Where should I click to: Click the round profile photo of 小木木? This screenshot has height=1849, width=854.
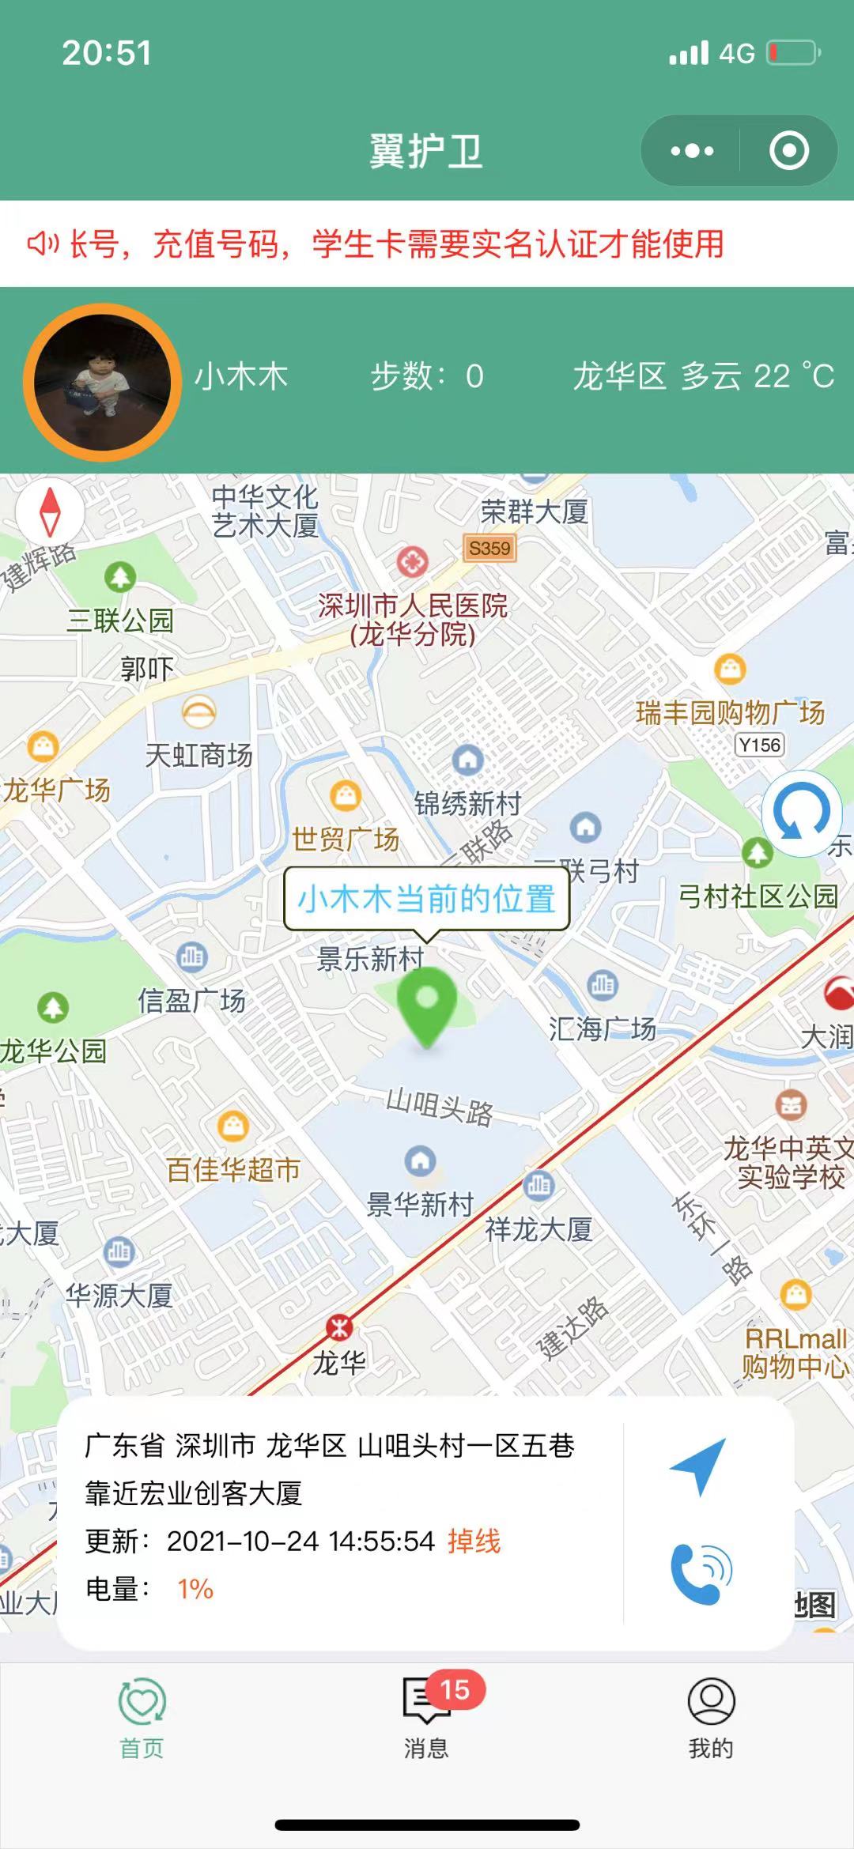coord(102,382)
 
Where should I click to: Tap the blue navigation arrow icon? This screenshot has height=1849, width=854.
coord(699,1466)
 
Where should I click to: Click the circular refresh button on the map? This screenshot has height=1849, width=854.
coord(801,813)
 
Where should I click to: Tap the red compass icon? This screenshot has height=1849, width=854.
coord(50,511)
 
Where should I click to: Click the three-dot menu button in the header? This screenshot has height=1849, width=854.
coord(692,151)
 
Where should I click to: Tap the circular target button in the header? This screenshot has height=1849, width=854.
coord(789,151)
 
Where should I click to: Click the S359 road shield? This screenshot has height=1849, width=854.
coord(489,549)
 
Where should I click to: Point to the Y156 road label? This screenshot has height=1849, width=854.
coord(759,745)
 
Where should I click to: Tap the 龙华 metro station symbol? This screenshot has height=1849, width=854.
coord(340,1327)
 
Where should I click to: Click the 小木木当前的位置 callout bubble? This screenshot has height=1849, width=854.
coord(427,899)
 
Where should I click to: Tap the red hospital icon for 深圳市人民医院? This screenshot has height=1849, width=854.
coord(412,562)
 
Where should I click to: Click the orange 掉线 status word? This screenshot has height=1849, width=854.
coord(474,1541)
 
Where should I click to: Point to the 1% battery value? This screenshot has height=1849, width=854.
coord(195,1589)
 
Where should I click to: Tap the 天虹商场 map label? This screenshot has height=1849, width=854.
coord(199,755)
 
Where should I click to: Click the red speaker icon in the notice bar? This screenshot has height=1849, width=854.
coord(43,243)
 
